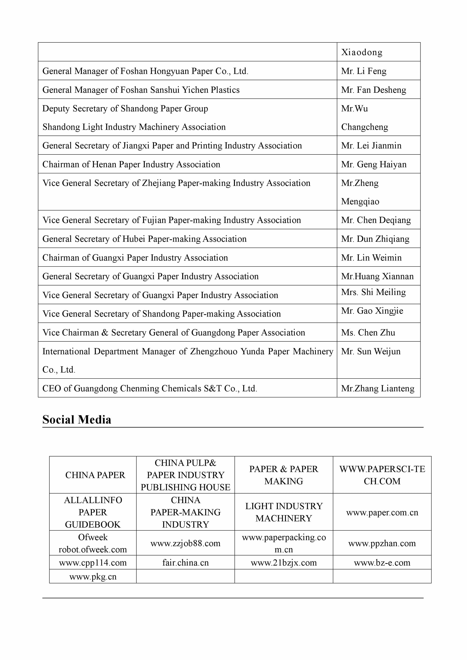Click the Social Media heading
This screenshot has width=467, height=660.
(x=77, y=420)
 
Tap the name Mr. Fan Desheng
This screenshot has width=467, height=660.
(x=373, y=90)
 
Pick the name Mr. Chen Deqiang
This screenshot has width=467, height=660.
(x=376, y=220)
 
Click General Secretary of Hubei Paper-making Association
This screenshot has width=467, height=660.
(x=144, y=239)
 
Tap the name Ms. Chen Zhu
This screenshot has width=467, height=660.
(x=368, y=333)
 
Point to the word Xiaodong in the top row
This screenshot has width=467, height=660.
(x=362, y=52)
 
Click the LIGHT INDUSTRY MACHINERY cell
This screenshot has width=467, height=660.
(x=284, y=512)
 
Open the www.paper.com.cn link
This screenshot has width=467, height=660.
(x=382, y=512)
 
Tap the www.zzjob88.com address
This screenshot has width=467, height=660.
(x=185, y=543)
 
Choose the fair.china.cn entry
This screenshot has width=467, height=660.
(x=185, y=563)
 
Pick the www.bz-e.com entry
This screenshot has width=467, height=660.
(x=382, y=563)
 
